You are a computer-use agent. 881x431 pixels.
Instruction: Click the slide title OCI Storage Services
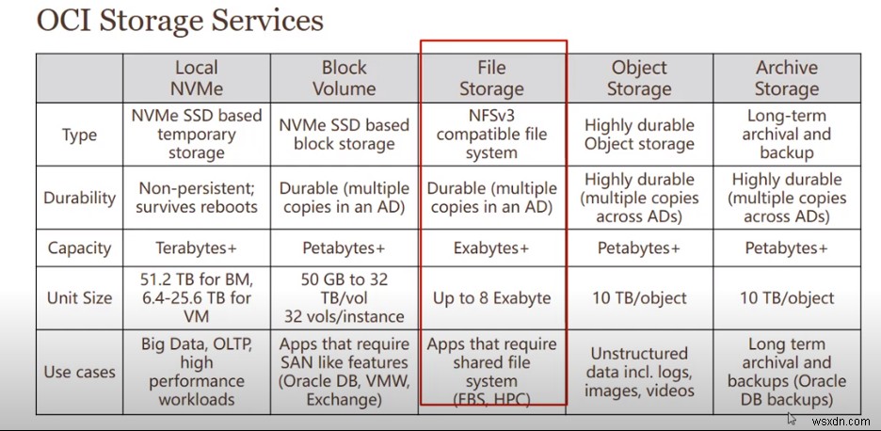coord(180,22)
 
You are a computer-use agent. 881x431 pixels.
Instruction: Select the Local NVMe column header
coord(196,78)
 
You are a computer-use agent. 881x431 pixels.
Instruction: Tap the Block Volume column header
coord(344,78)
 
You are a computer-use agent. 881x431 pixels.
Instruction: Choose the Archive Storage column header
coord(786,78)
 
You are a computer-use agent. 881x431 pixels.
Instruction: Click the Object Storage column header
coord(639,78)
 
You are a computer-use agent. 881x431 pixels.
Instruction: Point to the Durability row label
coord(79,198)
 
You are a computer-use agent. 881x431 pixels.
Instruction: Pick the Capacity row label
coord(79,247)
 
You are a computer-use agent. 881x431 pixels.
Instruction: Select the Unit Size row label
coord(79,297)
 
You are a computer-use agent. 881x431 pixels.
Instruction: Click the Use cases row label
coord(79,372)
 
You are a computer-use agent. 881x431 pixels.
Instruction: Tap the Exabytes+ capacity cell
coord(491,247)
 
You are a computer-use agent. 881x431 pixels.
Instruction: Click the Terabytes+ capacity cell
coord(196,247)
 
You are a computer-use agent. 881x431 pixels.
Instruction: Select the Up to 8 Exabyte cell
coord(491,297)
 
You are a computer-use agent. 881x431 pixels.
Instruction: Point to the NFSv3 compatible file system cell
coord(491,135)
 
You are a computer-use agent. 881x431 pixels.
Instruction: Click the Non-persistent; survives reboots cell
coord(196,198)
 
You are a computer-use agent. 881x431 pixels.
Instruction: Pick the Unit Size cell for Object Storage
coord(639,297)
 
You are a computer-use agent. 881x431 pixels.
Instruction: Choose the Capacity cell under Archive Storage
coord(786,247)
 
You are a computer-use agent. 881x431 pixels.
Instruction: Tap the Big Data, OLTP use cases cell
coord(196,372)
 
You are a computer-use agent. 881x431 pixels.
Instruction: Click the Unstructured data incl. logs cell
coord(639,372)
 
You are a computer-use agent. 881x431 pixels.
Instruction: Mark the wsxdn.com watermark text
coord(841,420)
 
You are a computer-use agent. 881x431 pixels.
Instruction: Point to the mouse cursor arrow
coord(792,419)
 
